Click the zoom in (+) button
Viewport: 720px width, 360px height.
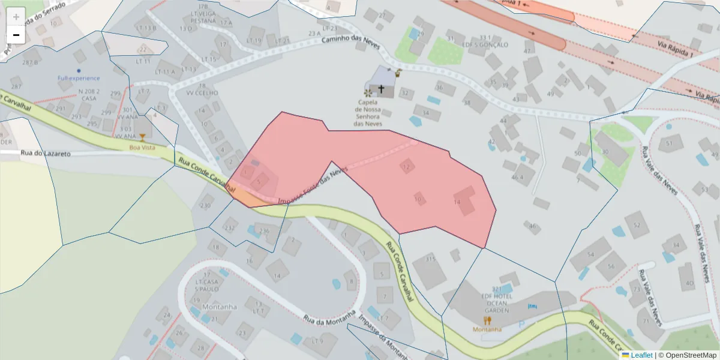click(x=16, y=17)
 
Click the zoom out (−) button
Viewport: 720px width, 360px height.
click(x=16, y=35)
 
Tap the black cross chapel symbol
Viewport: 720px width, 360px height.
click(x=381, y=89)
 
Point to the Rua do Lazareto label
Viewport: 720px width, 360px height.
click(x=46, y=154)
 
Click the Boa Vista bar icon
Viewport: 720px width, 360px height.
click(x=142, y=137)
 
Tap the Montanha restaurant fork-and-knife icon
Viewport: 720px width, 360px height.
click(x=487, y=320)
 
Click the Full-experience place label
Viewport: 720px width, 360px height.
click(x=79, y=78)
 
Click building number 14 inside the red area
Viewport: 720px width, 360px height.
click(x=457, y=203)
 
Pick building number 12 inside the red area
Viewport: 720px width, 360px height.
click(x=407, y=166)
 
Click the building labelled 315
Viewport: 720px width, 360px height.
click(x=430, y=259)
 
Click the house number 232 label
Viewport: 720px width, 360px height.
click(x=229, y=228)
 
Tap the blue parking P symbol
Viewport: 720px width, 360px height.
click(x=521, y=324)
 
